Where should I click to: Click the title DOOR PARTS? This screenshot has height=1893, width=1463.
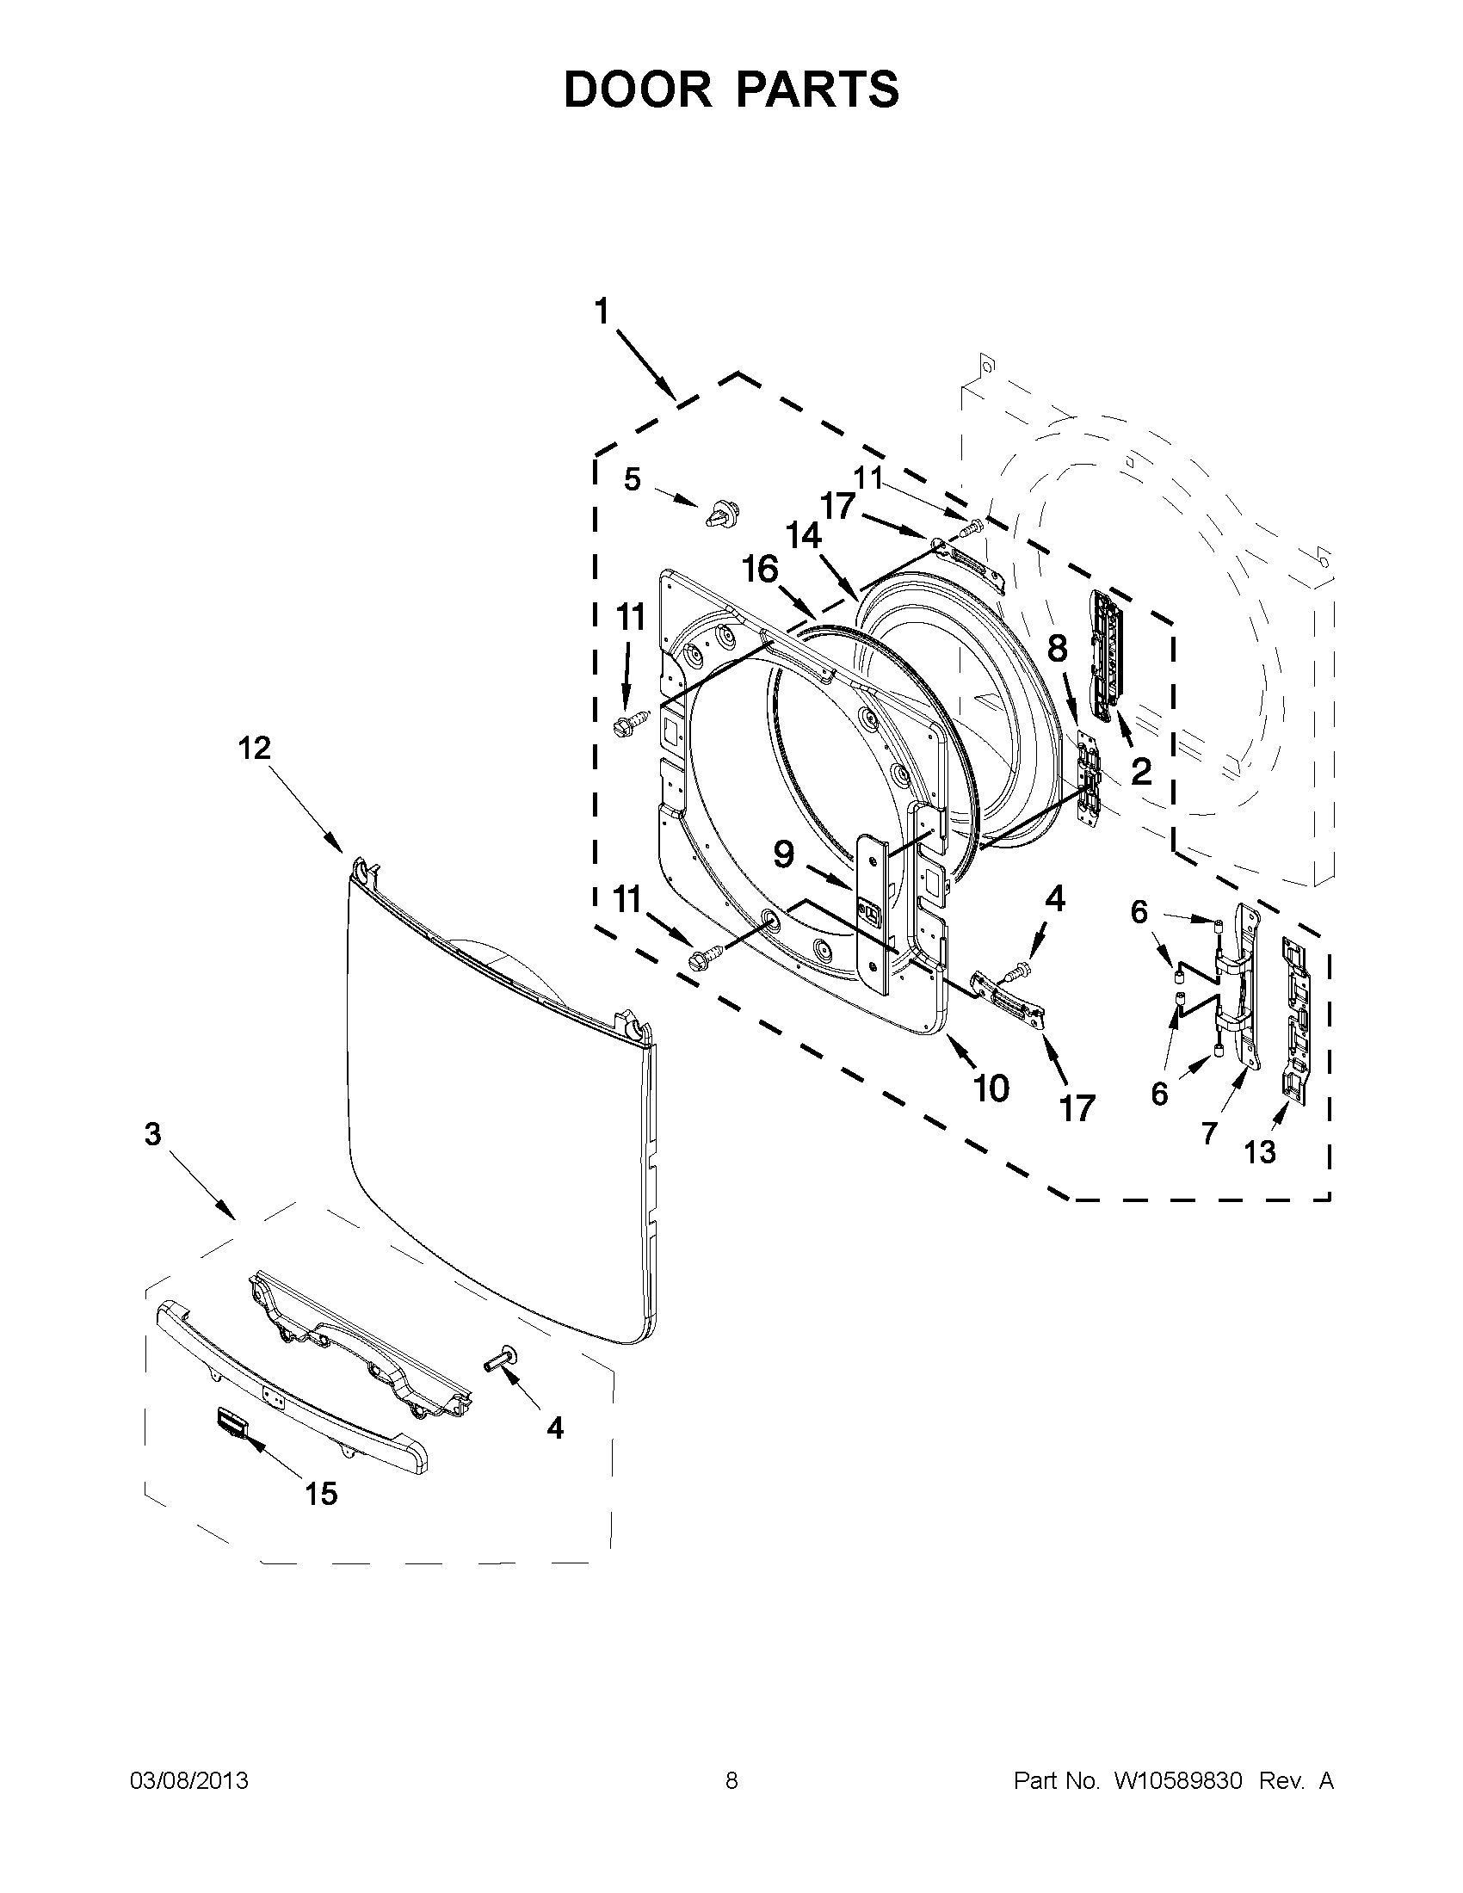(731, 90)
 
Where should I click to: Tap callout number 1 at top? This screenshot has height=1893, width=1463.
(602, 311)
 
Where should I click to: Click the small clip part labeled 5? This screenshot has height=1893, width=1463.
(720, 514)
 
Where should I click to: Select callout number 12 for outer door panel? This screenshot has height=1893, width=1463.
(255, 748)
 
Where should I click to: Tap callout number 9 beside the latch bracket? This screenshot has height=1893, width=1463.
(782, 854)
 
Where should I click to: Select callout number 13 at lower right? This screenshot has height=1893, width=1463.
(1259, 1152)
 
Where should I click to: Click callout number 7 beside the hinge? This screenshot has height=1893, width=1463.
(1209, 1132)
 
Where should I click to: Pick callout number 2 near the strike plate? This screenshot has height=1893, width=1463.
(1140, 771)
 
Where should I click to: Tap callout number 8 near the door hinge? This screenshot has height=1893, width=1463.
(1058, 648)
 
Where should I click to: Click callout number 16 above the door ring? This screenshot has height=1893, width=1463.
(760, 570)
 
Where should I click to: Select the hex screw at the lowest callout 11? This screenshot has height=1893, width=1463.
(701, 961)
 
